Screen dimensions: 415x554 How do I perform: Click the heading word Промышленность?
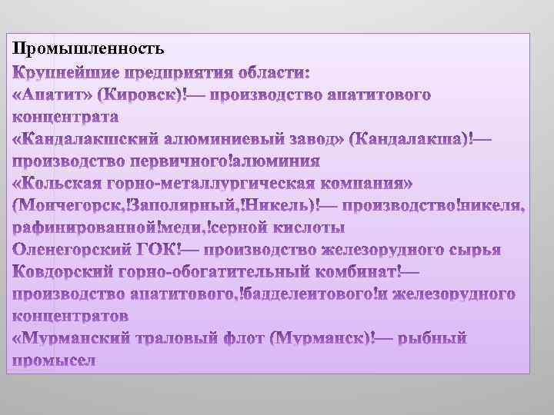pos(88,49)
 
